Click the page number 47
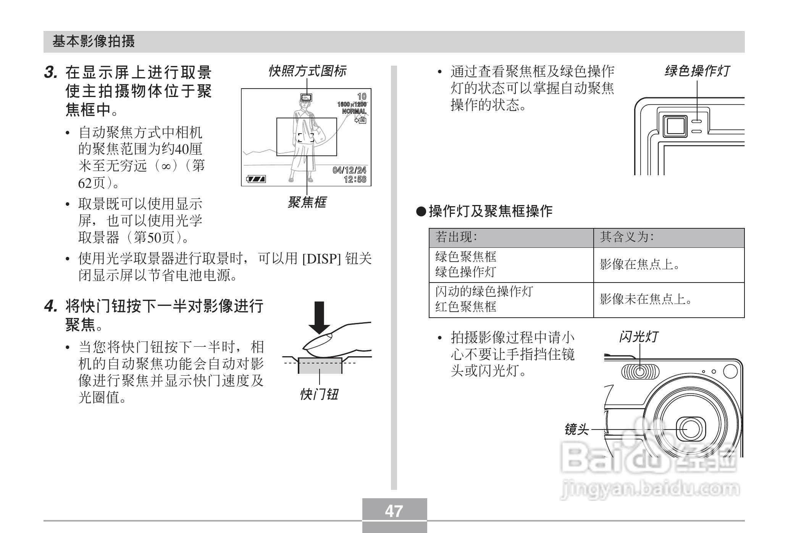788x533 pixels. click(x=394, y=511)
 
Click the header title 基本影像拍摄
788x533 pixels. click(x=94, y=41)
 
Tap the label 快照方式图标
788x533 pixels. click(x=307, y=71)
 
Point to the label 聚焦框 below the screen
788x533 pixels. click(x=307, y=202)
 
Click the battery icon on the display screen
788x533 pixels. click(x=256, y=179)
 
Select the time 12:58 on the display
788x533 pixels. click(x=355, y=179)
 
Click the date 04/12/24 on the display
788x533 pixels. click(x=349, y=170)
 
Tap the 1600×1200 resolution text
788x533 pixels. click(x=352, y=104)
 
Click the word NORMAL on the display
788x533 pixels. click(x=354, y=111)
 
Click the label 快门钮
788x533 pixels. click(x=319, y=394)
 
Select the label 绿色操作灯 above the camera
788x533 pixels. click(x=697, y=71)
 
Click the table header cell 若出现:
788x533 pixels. click(x=456, y=237)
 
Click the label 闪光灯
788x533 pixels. click(x=638, y=337)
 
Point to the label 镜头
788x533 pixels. click(x=576, y=430)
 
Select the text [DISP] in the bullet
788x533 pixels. click(x=321, y=259)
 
